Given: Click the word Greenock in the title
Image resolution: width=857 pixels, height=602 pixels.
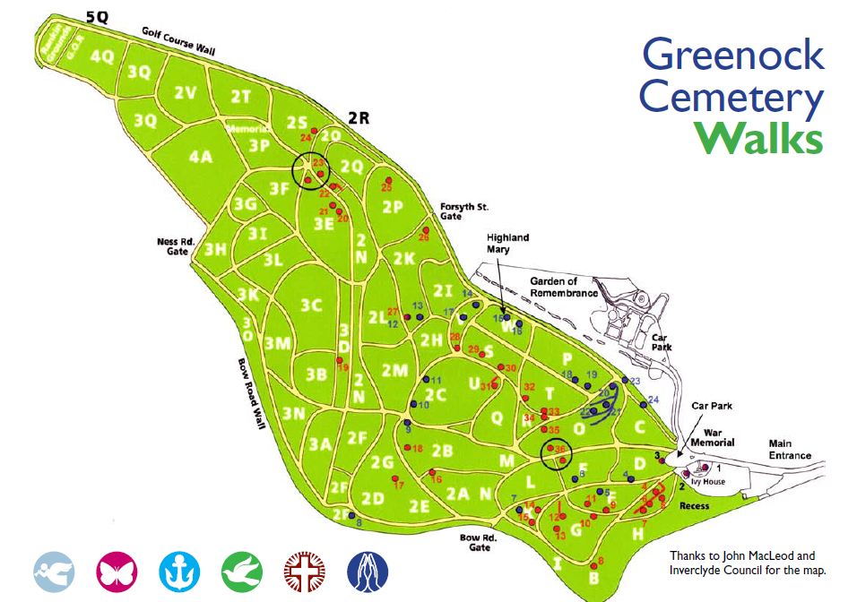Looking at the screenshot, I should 732,56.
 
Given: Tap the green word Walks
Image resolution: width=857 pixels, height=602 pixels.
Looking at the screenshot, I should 759,138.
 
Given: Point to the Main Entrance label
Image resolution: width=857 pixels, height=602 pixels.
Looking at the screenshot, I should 789,449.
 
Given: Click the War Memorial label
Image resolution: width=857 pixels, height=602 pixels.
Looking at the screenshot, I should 713,436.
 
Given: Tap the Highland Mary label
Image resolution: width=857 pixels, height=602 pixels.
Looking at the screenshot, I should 507,243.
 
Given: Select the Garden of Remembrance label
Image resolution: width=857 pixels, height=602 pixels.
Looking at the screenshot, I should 563,288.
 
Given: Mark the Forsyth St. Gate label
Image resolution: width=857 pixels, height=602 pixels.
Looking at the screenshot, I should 463,211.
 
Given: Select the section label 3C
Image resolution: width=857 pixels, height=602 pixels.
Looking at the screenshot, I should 311,305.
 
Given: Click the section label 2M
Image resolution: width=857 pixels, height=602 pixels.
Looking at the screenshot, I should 394,370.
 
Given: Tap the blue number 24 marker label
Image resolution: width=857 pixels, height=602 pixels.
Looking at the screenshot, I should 654,399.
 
